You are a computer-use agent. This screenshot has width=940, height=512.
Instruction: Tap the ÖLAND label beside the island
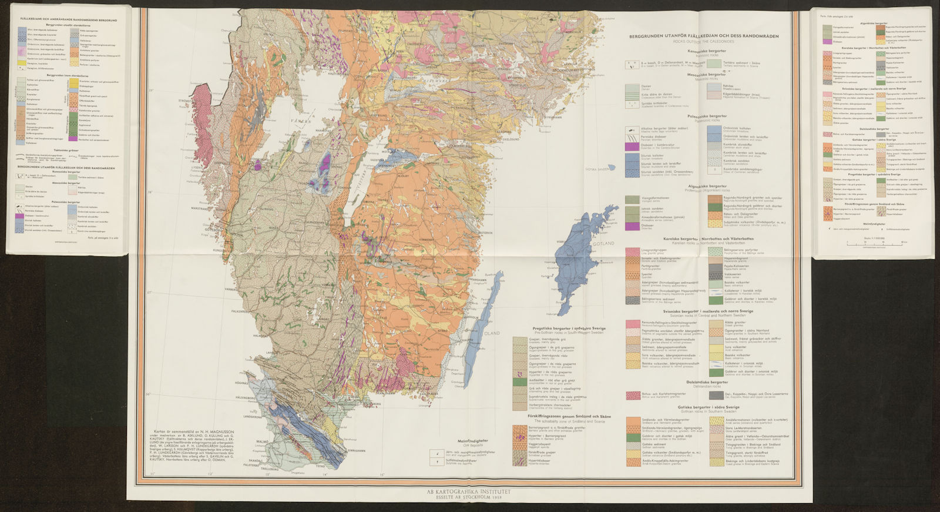pyautogui.click(x=491, y=333)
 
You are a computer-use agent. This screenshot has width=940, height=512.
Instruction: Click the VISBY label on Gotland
pyautogui.click(x=559, y=240)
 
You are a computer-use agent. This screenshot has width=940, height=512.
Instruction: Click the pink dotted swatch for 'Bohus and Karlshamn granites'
pyautogui.click(x=633, y=396)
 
